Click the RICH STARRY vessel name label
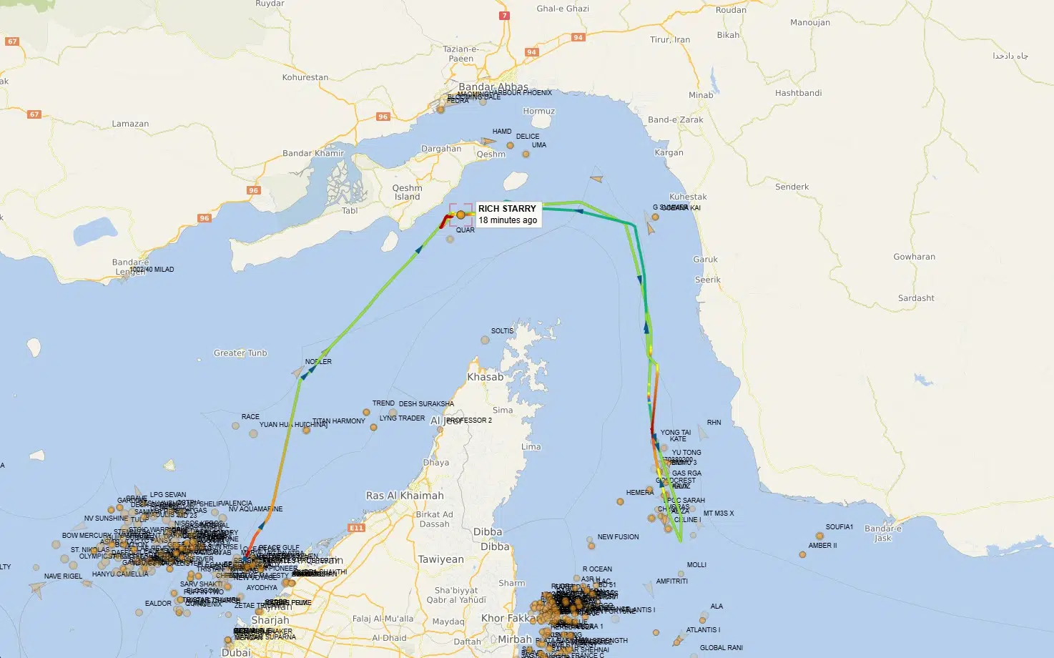point(507,208)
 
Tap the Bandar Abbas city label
point(493,87)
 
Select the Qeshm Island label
point(407,192)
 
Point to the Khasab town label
point(485,377)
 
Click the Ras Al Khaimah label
point(405,496)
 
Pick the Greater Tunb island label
point(240,353)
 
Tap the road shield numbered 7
point(505,15)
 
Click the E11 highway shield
point(356,528)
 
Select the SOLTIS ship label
point(502,331)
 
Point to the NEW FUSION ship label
point(618,537)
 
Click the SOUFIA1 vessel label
point(839,527)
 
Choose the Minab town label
point(701,95)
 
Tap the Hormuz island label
point(538,111)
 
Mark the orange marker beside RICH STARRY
point(460,215)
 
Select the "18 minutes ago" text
point(508,220)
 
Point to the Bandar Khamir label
point(313,153)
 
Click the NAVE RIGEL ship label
point(63,576)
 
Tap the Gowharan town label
point(914,257)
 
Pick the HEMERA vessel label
point(639,493)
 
